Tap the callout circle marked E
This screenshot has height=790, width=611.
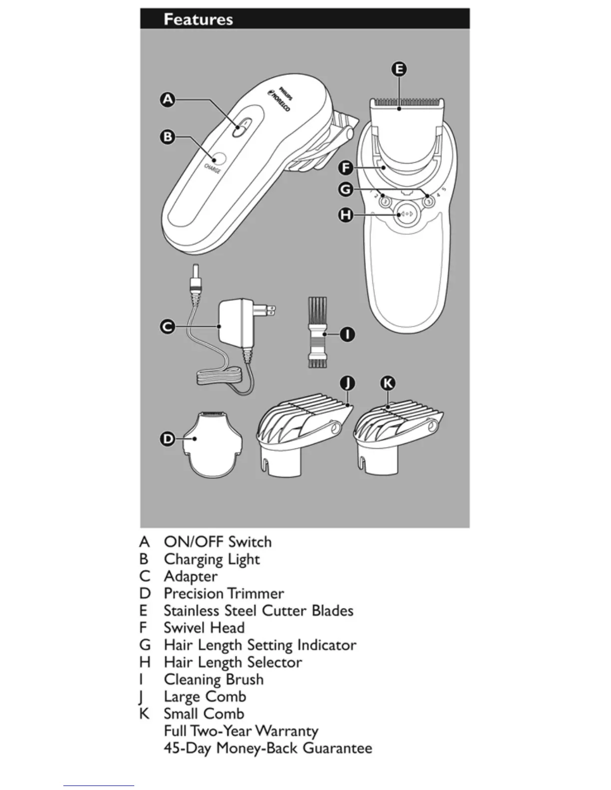[x=399, y=69]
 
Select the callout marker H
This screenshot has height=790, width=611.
[x=345, y=215]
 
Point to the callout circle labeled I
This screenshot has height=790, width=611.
[x=347, y=334]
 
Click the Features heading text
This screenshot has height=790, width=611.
[x=198, y=19]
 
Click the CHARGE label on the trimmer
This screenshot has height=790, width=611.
[x=213, y=169]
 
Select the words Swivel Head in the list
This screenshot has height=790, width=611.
[x=204, y=628]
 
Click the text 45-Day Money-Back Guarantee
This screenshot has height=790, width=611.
[x=268, y=748]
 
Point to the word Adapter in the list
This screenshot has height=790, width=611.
[x=191, y=576]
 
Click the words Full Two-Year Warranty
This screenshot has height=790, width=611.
[x=241, y=731]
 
